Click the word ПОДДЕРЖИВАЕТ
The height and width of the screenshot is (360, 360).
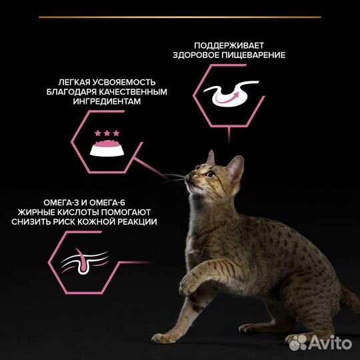(228, 45)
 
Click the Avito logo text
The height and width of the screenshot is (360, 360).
(333, 342)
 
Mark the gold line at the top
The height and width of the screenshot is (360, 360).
(180, 16)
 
